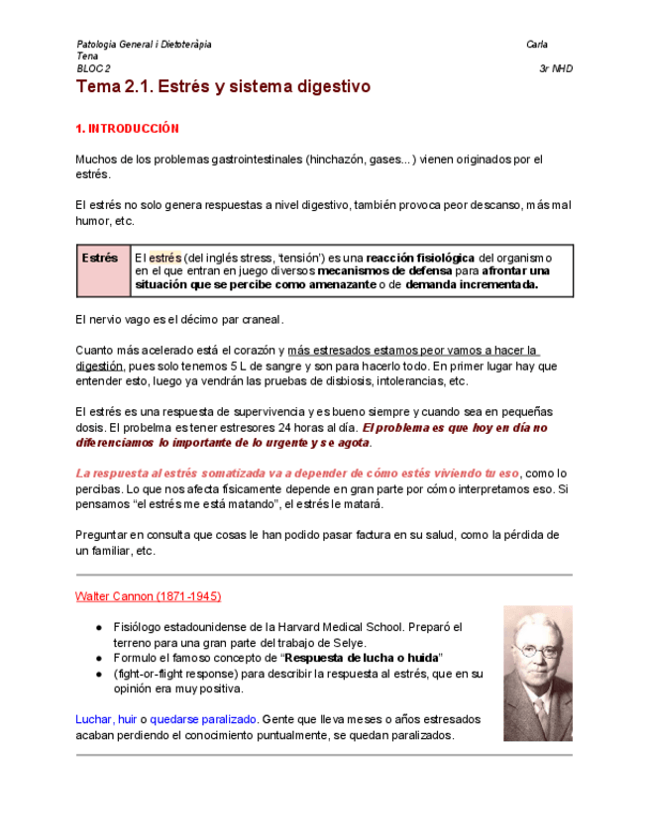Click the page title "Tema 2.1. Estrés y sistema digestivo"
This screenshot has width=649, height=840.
tap(223, 87)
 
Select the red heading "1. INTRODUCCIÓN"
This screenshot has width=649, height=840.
tap(127, 129)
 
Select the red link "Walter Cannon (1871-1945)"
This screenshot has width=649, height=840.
tap(148, 596)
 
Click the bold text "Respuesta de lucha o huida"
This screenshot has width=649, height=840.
tap(361, 659)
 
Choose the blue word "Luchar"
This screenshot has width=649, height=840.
tap(93, 719)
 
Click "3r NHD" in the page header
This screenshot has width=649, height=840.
tap(555, 68)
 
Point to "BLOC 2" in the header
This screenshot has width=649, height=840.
tap(93, 68)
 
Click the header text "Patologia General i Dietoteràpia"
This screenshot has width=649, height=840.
tap(143, 45)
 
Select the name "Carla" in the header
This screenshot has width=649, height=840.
tap(538, 45)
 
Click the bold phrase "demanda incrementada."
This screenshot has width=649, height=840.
tap(472, 284)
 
